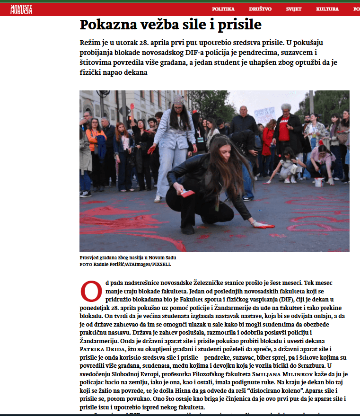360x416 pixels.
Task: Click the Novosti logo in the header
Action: (21, 9)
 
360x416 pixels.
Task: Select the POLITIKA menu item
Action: (223, 9)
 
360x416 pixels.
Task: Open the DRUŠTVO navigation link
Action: (261, 9)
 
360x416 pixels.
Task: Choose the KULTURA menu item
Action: (327, 9)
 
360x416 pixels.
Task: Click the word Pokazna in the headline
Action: (105, 25)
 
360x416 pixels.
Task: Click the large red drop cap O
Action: (91, 292)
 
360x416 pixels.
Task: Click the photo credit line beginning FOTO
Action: (125, 264)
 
